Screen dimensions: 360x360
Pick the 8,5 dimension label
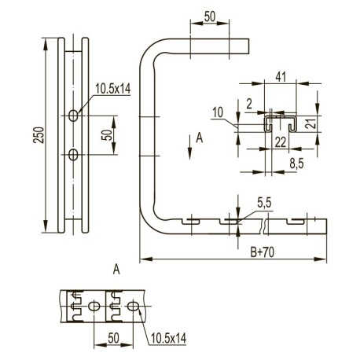pos(296,163)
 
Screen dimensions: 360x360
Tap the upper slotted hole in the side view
pos(73,116)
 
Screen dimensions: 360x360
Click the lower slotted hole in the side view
pos(73,153)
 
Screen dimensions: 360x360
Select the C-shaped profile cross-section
pos(279,122)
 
